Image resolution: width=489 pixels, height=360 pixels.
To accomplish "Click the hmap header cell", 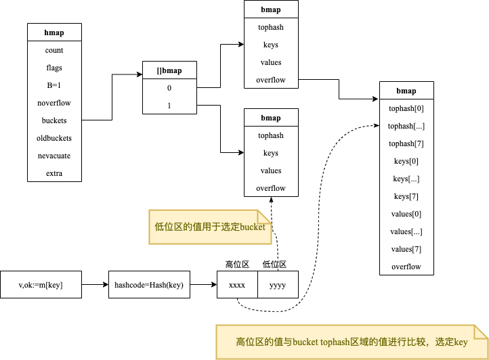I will [54, 32].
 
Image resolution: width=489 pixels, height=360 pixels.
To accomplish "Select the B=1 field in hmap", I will [54, 85].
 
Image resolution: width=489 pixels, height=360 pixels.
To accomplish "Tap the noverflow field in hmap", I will [54, 103].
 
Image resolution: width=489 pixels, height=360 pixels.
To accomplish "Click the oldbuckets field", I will [54, 138].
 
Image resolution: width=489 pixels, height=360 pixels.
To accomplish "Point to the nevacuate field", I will [54, 156].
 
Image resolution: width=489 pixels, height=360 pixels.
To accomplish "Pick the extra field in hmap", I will [54, 173].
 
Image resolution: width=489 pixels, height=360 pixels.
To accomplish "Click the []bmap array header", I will [169, 70].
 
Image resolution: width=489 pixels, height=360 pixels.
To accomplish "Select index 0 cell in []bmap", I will [169, 88].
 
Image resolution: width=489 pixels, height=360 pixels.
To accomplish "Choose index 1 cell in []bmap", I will [169, 106].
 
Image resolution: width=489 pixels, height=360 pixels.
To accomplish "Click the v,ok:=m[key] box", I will [41, 285].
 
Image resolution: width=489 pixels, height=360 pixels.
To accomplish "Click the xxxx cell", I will [237, 285].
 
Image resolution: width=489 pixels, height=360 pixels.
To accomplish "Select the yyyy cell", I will [278, 285].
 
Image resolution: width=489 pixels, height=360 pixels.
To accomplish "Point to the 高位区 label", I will [237, 264].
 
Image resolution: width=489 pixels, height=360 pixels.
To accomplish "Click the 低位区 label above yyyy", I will [274, 264].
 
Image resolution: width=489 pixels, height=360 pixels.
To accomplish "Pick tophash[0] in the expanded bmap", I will [406, 108].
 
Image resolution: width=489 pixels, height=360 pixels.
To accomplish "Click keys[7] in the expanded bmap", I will [406, 196].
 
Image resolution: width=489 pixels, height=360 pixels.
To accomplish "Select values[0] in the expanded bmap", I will [406, 214].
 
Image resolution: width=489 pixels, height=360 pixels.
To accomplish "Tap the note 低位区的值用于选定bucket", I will [210, 227].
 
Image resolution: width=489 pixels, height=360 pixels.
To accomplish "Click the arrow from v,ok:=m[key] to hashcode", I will [95, 285].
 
